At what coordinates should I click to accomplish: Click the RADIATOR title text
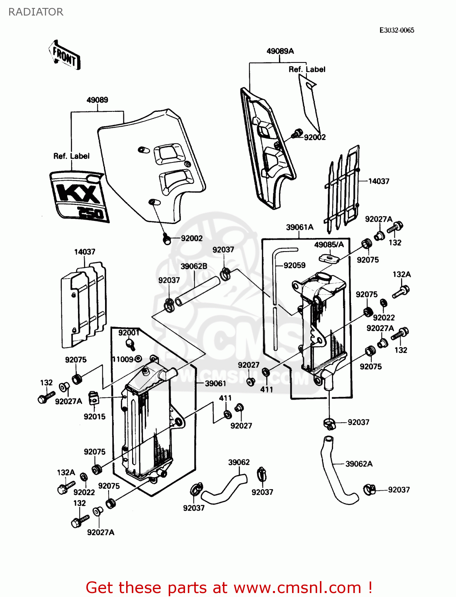pyautogui.click(x=36, y=12)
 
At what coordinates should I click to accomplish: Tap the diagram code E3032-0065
pyautogui.click(x=396, y=30)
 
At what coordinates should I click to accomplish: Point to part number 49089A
pyautogui.click(x=280, y=51)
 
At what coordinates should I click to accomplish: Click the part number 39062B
pyautogui.click(x=194, y=266)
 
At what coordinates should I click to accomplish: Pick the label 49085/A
pyautogui.click(x=329, y=244)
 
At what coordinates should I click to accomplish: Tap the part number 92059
pyautogui.click(x=294, y=265)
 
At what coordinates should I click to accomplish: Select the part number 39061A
pyautogui.click(x=300, y=227)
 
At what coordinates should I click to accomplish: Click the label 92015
pyautogui.click(x=95, y=417)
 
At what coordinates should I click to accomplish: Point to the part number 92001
pyautogui.click(x=129, y=333)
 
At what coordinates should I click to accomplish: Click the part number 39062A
pyautogui.click(x=359, y=464)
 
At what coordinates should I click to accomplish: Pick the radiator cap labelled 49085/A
pyautogui.click(x=329, y=258)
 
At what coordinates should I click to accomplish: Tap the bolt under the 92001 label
pyautogui.click(x=129, y=343)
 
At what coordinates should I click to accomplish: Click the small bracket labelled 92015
pyautogui.click(x=93, y=398)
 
